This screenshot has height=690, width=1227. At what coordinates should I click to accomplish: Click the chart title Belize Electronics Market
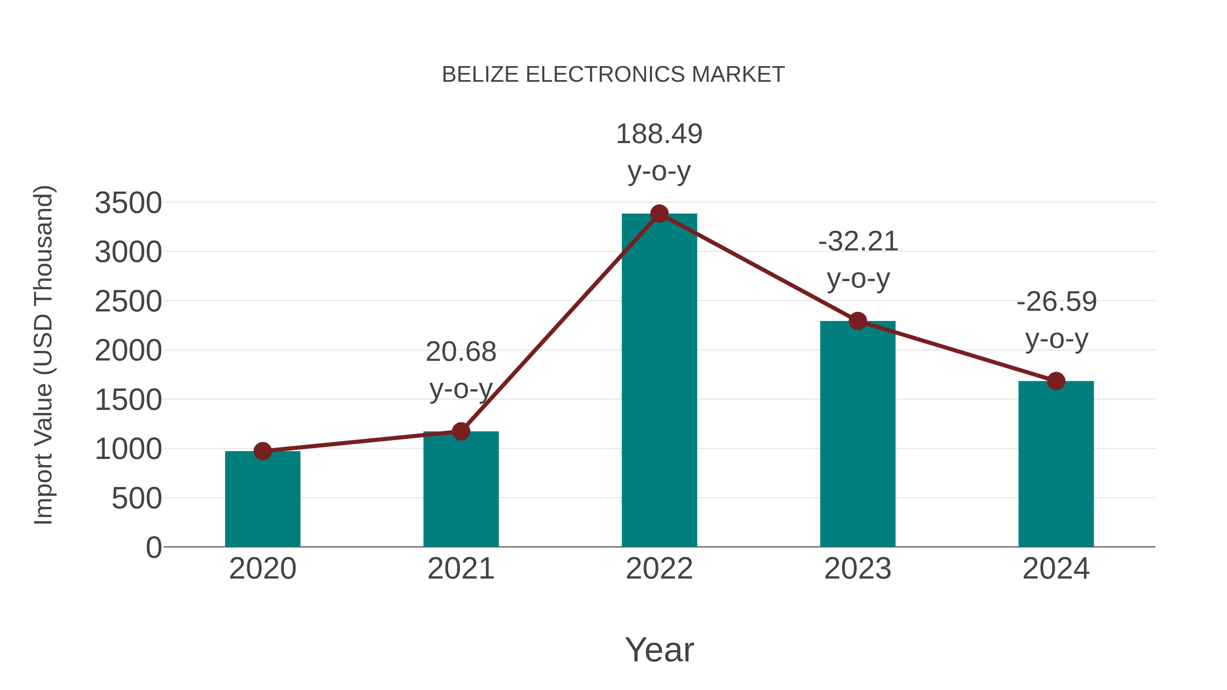613,75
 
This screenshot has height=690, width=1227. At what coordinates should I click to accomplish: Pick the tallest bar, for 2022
659,381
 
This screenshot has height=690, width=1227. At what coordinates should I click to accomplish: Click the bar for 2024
1056,464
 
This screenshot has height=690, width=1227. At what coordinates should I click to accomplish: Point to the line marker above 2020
262,451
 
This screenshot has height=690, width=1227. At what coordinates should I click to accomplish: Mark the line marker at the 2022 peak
659,214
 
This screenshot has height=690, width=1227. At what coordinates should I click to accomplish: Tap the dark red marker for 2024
1056,381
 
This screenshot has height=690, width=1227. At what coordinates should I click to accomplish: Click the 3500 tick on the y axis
128,203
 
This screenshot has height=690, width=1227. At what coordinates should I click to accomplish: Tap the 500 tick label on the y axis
137,499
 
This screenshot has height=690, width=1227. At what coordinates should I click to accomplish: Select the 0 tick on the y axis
153,548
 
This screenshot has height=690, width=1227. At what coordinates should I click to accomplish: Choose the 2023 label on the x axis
858,569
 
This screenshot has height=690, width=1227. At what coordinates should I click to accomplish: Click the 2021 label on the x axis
460,569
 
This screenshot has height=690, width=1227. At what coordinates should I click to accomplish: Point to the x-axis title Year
659,650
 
